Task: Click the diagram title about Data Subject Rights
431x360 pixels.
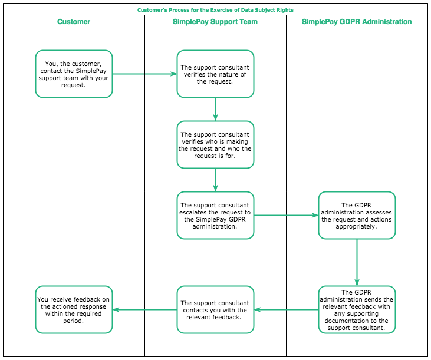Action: click(x=215, y=10)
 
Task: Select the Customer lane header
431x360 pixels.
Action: click(x=74, y=22)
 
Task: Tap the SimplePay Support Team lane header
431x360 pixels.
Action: click(x=215, y=22)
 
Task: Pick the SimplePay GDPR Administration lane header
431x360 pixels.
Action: click(x=357, y=22)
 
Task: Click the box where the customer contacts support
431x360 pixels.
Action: click(x=74, y=74)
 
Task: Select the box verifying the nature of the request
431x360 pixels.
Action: click(x=215, y=74)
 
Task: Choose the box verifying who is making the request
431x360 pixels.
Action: click(x=215, y=145)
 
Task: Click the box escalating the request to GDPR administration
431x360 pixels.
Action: click(x=215, y=215)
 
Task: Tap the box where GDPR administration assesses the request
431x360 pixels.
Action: click(x=357, y=215)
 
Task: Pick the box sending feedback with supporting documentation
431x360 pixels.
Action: click(x=357, y=309)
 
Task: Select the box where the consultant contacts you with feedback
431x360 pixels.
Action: click(x=215, y=309)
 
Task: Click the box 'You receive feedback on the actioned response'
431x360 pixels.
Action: click(x=74, y=309)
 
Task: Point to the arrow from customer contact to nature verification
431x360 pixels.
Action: click(x=144, y=74)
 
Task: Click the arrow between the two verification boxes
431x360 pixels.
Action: click(x=216, y=109)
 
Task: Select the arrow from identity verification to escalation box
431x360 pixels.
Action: click(x=216, y=180)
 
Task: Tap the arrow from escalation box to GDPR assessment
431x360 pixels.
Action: click(x=286, y=215)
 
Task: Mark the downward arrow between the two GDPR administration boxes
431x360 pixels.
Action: click(x=357, y=262)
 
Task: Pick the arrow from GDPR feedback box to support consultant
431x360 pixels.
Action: click(x=286, y=309)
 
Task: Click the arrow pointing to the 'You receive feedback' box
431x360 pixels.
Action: click(x=144, y=309)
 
